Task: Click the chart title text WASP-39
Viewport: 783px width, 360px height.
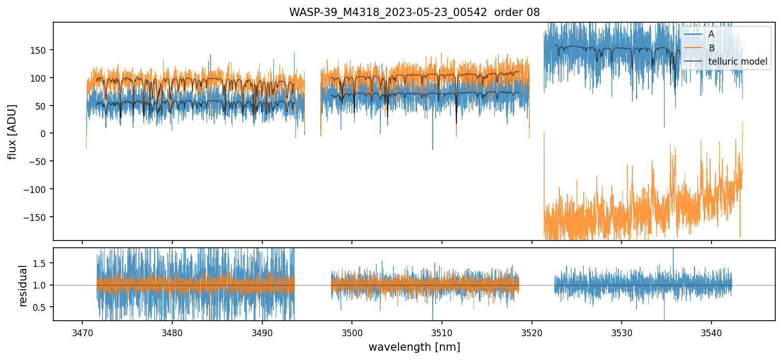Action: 414,12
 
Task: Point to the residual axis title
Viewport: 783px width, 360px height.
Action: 23,285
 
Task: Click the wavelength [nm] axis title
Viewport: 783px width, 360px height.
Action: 414,347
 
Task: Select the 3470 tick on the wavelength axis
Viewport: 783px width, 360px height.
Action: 82,331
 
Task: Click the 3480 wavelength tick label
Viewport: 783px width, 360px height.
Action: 172,331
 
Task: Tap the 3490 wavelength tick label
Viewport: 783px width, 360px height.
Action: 262,331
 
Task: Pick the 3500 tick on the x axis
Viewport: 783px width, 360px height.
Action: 352,331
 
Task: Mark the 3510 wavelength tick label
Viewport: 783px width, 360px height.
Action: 441,331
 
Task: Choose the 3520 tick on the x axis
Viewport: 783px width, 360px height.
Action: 531,331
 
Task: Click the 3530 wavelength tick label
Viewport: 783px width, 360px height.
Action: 622,331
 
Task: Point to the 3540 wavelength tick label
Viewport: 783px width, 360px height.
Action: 711,331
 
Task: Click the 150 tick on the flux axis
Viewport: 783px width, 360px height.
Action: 41,50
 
